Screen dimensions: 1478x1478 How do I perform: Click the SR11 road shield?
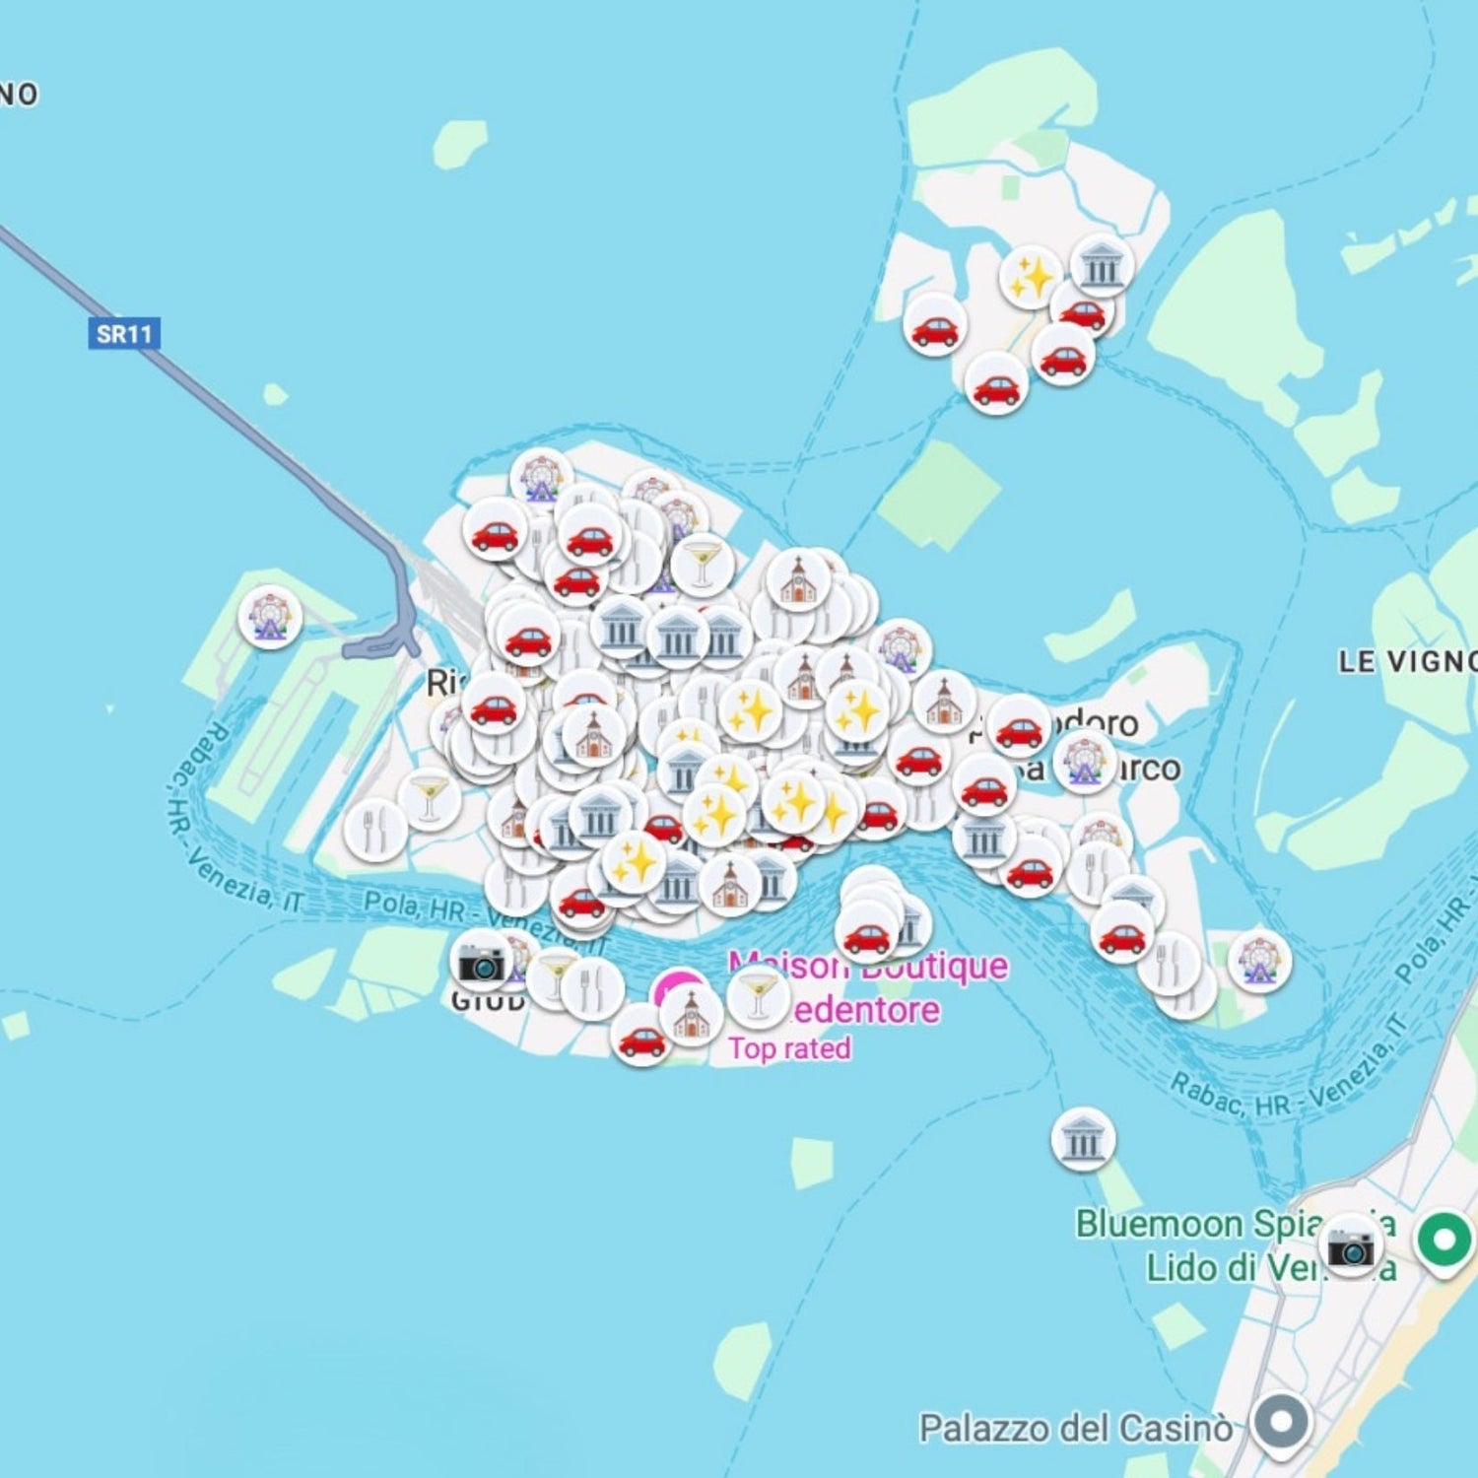tap(124, 334)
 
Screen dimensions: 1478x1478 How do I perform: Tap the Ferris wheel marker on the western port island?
tap(270, 616)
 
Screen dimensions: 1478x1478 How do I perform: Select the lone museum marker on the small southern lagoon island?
tap(1084, 1140)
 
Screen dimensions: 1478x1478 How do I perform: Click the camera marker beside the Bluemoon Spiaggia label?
tap(1350, 1246)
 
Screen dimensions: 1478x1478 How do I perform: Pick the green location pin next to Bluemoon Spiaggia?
tap(1444, 1240)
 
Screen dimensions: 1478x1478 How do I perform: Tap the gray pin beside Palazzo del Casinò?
tap(1281, 1422)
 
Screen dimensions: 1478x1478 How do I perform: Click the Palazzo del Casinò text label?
tap(1075, 1428)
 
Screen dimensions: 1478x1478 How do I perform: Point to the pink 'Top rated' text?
tap(789, 1048)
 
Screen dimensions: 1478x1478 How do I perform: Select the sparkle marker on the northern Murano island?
tap(1031, 277)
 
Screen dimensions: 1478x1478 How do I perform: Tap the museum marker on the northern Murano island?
tap(1102, 266)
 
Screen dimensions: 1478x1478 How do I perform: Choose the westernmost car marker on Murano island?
tap(935, 326)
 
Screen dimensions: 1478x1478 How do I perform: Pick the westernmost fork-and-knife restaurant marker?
tap(374, 831)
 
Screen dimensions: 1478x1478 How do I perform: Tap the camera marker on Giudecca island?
tap(482, 962)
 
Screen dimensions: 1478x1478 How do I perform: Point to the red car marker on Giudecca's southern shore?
tap(641, 1038)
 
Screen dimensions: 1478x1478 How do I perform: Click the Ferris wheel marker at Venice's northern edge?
tap(541, 478)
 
